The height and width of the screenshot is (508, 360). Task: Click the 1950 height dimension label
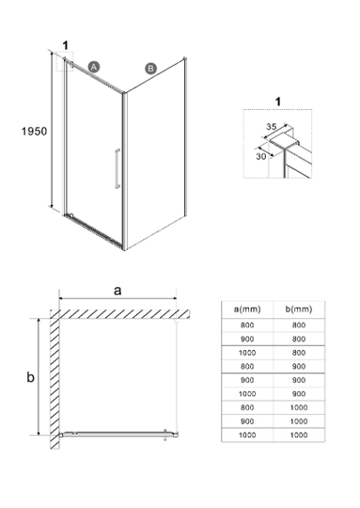pos(34,131)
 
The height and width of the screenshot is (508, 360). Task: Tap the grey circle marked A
pos(94,67)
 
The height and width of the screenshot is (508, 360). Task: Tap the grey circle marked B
pos(150,69)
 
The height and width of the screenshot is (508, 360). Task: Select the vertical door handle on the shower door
pos(117,168)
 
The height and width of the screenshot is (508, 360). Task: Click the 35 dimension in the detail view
pos(272,126)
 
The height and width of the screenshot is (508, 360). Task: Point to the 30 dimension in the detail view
pos(261,156)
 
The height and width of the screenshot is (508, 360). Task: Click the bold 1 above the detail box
pos(277,102)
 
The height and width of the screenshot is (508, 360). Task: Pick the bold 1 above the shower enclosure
pos(66,45)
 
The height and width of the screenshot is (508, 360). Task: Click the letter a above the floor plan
pos(117,291)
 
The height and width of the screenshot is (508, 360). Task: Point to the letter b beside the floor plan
pos(30,377)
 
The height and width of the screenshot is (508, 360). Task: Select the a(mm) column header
pos(247,310)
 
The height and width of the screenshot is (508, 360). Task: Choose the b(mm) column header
pos(299,310)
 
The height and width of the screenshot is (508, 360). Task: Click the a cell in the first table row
pos(247,325)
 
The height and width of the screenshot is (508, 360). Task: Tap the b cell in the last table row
pos(299,435)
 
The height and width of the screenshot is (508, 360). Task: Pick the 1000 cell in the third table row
pos(247,353)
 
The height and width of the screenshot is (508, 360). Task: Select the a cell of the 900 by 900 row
pos(247,380)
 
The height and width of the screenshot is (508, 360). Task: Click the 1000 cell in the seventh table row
pos(299,407)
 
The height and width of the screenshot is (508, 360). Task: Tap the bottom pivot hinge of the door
pos(70,214)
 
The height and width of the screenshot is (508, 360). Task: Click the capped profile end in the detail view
pos(285,140)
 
